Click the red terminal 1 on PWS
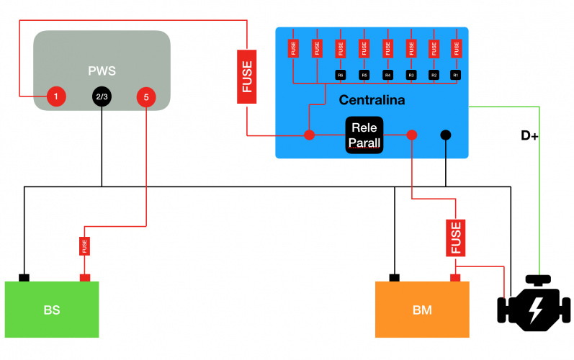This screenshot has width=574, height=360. [55, 95]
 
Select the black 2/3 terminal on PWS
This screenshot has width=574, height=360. [102, 96]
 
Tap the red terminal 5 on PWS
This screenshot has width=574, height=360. [146, 96]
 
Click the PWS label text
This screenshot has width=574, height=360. [102, 71]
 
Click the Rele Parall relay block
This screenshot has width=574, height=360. [364, 135]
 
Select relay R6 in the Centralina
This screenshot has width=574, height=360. [341, 75]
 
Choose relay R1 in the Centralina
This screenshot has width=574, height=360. [455, 75]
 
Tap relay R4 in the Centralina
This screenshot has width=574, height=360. [387, 75]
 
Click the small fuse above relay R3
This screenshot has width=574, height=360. [411, 48]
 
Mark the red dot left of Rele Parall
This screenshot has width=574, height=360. [310, 135]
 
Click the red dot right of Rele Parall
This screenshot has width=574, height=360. [412, 135]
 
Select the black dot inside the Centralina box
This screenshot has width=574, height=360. [446, 135]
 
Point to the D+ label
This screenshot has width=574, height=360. [529, 135]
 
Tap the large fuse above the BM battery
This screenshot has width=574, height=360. [455, 238]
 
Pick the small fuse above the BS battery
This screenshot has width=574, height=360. [84, 246]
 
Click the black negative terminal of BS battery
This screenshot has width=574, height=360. [24, 278]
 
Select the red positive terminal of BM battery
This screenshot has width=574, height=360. [455, 278]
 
